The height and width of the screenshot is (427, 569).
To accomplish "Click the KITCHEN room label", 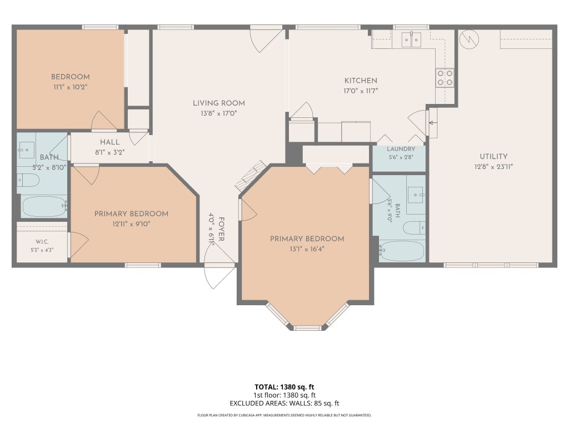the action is [x=361, y=81].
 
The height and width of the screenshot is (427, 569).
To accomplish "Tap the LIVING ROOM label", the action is [x=219, y=103].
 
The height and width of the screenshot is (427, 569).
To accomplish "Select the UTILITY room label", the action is [x=493, y=156].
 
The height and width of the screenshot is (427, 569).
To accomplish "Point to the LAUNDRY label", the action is [x=401, y=149].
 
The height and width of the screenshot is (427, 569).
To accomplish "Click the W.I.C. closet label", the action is [x=42, y=242].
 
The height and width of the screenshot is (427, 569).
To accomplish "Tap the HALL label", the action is [x=109, y=142].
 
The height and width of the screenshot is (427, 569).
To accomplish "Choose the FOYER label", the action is [x=221, y=229].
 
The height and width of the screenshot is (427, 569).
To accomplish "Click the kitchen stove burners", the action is [x=445, y=78].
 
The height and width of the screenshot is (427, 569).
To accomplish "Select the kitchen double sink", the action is [x=411, y=39].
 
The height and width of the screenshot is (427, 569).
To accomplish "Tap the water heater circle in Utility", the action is [x=469, y=39].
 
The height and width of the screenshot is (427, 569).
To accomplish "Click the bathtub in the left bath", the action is [x=44, y=207].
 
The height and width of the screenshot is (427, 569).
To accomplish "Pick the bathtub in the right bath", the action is [x=401, y=251].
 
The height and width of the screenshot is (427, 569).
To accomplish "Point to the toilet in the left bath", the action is [x=28, y=180].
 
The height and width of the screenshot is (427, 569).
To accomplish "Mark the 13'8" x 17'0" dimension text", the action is [x=219, y=113].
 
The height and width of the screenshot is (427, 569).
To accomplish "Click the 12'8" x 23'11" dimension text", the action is [x=493, y=167].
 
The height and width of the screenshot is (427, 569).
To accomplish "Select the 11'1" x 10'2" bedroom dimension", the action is [x=71, y=87].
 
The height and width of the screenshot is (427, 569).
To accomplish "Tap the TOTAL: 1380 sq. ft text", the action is [x=284, y=387].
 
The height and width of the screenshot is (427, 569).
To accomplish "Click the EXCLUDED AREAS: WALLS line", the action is [x=284, y=404].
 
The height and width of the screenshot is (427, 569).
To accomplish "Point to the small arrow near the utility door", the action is [x=432, y=123].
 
